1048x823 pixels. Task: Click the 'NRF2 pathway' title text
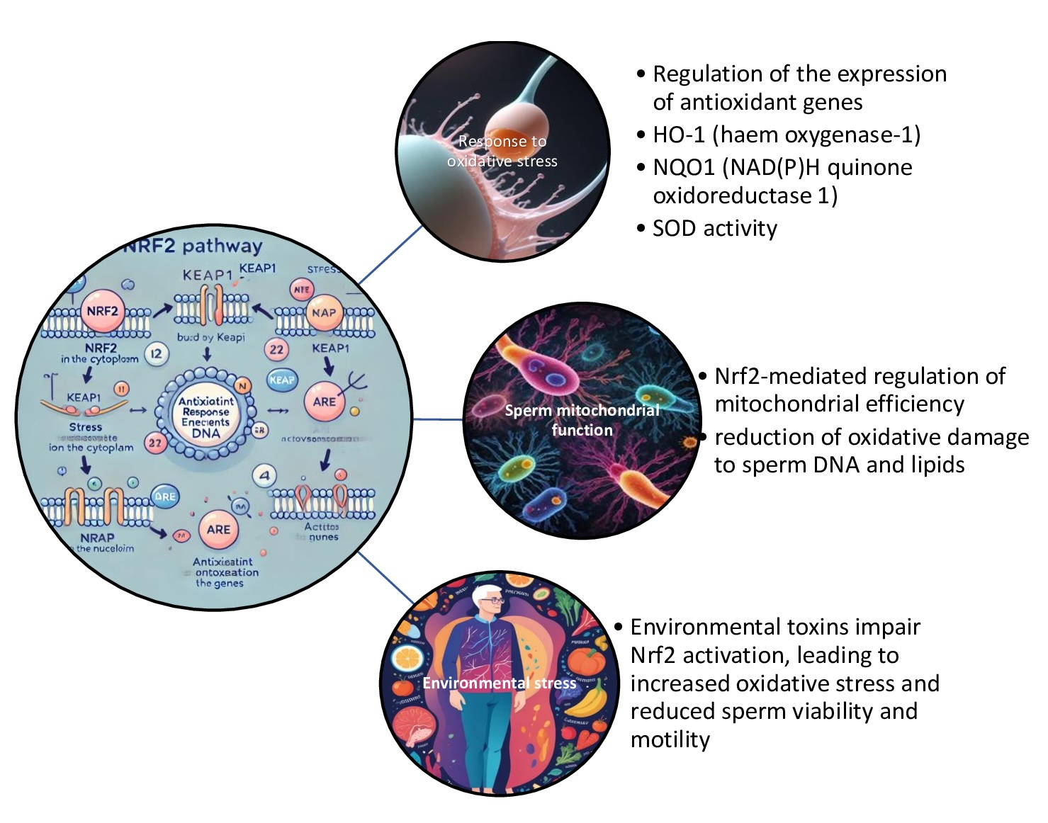(193, 246)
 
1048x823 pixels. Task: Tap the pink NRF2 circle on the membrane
(102, 312)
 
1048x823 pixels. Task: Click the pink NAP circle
(324, 312)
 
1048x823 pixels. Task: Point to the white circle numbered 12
(157, 354)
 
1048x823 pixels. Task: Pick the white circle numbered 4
(264, 476)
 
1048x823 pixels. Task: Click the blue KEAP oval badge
(281, 380)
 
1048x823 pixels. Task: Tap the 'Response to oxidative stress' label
(502, 151)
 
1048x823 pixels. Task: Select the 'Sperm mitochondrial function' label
(582, 420)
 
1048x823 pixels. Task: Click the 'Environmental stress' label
(500, 683)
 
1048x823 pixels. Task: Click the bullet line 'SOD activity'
(714, 228)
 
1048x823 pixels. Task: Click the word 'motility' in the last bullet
(670, 739)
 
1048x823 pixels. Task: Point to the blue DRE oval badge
(164, 496)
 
